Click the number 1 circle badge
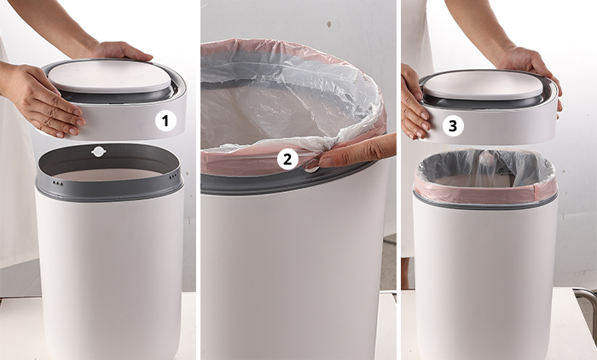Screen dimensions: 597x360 pos(165,121)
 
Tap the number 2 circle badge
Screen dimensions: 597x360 pos(287,159)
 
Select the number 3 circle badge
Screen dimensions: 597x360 pos(453,125)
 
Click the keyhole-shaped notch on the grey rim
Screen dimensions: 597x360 pos(99,152)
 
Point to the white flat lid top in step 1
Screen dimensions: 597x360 pos(109,77)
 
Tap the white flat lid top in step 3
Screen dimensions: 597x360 pos(484,84)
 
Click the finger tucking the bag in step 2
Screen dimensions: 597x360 pos(354,152)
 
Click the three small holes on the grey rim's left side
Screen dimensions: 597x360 pos(57,183)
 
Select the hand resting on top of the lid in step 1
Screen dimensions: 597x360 pos(121,52)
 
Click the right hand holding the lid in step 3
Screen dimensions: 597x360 pos(533,73)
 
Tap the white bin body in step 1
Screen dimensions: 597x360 pos(110,275)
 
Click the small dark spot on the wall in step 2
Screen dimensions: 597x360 pos(328,25)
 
